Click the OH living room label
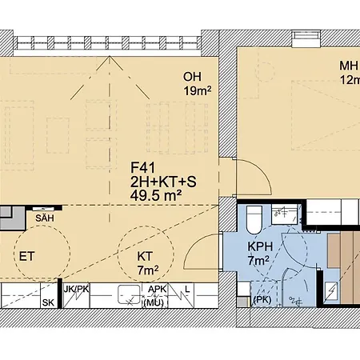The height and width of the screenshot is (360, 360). [192, 78]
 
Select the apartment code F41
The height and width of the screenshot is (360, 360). [142, 169]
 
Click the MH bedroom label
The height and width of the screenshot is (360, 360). [349, 67]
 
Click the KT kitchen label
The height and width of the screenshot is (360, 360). [146, 256]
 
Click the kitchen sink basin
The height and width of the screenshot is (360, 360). [128, 294]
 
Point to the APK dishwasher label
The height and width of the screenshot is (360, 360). [157, 289]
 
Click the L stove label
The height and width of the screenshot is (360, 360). [186, 289]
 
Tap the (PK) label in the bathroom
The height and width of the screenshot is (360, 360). [261, 300]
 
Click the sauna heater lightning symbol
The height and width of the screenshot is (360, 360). [331, 289]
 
